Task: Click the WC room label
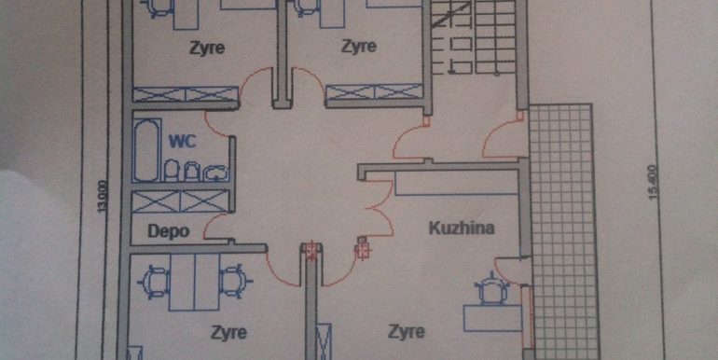[182, 141]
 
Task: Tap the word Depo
[169, 231]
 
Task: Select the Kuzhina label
[462, 228]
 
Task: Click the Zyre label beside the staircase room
[359, 47]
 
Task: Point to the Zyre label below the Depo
[228, 332]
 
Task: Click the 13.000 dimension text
[103, 197]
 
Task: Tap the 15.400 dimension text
[654, 182]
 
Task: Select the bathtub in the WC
[147, 151]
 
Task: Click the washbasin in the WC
[215, 173]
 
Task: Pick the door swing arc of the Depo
[216, 227]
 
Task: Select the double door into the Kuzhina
[380, 209]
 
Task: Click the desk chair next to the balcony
[491, 288]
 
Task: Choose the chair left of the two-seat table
[154, 282]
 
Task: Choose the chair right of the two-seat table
[235, 282]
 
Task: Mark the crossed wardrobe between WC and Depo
[180, 201]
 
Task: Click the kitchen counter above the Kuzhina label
[457, 183]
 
